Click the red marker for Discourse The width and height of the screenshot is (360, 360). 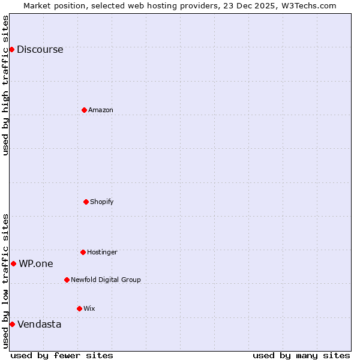(11, 49)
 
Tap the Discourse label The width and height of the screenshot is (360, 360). (40, 50)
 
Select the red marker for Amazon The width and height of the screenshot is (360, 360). (84, 110)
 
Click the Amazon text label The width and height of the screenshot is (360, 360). (101, 110)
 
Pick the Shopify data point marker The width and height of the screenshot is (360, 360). (86, 202)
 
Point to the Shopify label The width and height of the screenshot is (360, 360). (102, 202)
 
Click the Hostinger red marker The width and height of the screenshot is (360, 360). (83, 252)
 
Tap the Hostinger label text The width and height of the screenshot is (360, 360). (102, 252)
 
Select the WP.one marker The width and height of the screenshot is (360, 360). (13, 263)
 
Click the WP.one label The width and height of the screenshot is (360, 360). (36, 263)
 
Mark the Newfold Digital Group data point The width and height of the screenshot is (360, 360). (67, 280)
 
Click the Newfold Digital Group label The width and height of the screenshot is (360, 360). (106, 280)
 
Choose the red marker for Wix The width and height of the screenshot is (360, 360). (79, 308)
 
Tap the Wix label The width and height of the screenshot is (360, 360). (89, 308)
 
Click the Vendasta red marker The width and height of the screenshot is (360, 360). (12, 324)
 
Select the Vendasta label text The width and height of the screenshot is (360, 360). (40, 325)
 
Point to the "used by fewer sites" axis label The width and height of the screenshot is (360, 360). (62, 355)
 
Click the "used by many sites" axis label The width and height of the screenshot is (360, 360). (301, 355)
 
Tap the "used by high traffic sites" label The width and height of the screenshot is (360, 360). (5, 85)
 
